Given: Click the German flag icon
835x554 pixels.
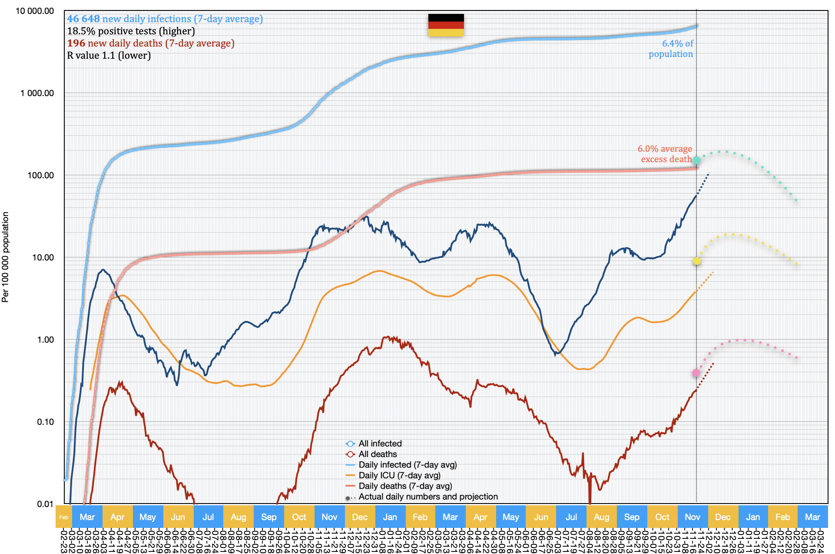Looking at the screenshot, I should coord(446,25).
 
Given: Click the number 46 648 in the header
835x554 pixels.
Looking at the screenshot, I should coord(83,19).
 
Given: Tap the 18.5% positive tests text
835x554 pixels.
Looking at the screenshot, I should coord(131,31).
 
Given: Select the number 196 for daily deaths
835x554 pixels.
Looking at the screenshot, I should coord(76,43).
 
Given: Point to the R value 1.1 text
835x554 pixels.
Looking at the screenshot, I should coord(109,56).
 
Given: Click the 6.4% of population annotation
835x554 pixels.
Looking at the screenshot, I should coord(671,49).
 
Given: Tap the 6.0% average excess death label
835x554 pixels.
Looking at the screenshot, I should coord(666,154).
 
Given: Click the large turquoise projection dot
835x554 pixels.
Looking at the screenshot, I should coord(696,160).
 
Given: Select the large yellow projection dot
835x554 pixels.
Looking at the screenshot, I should coord(696,261).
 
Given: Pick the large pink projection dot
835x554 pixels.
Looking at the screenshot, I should coord(696,373).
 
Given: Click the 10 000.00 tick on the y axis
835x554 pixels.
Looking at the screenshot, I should coord(35,11).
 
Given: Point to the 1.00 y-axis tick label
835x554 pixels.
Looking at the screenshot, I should coord(45,340).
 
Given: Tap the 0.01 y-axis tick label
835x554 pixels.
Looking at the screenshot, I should coord(45,504).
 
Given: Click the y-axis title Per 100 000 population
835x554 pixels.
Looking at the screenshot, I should coord(6,257).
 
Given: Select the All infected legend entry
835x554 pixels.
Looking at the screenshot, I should coord(380,444).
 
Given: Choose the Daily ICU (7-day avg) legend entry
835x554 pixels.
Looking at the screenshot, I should coord(399,475).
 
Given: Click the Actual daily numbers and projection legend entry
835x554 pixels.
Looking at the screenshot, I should coord(428,497).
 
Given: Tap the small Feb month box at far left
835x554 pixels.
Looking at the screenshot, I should coord(64,517).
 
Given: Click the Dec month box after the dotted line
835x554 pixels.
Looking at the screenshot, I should coord(722,517).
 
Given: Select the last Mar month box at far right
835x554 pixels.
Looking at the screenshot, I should coord(812,517).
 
